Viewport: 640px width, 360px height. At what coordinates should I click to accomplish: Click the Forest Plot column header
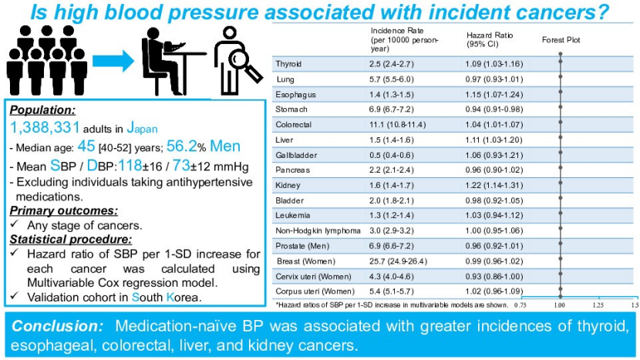click(x=561, y=39)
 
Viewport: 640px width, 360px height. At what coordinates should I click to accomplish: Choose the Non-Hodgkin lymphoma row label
click(x=308, y=230)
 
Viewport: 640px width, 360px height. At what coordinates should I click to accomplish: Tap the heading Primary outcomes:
click(x=53, y=209)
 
